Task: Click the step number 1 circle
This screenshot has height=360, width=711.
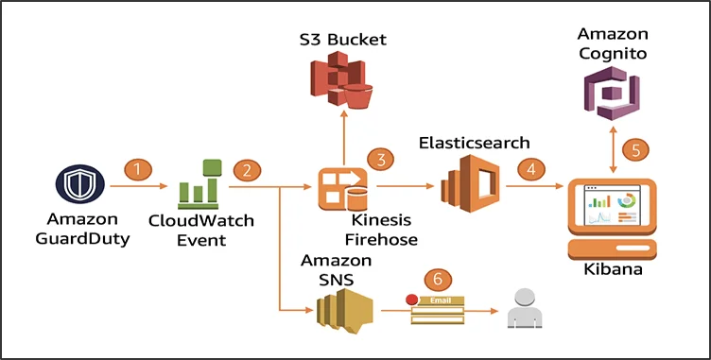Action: [x=138, y=170]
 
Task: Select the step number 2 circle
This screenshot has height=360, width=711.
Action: [x=247, y=170]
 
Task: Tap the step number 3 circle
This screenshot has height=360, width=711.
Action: [x=381, y=159]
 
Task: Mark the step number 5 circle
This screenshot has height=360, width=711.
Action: [x=642, y=149]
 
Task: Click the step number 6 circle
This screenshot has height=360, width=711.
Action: [x=436, y=279]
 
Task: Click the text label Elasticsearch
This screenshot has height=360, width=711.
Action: [x=474, y=143]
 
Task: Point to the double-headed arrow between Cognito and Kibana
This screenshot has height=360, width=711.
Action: [x=615, y=150]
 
